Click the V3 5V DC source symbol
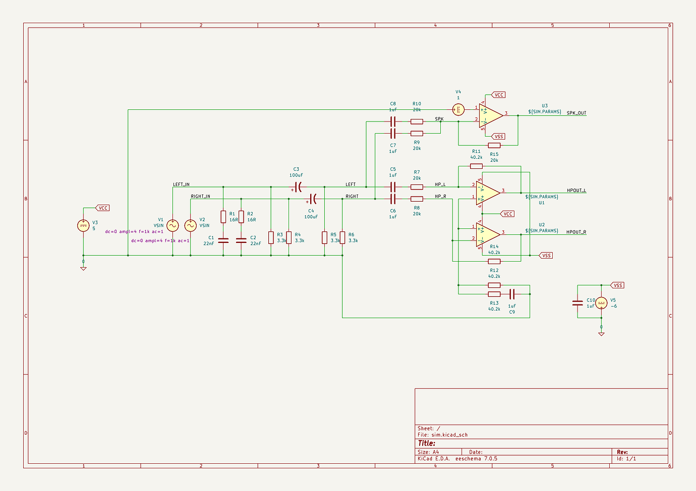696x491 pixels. [83, 225]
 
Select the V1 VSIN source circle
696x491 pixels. [172, 225]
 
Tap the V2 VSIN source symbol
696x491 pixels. [190, 225]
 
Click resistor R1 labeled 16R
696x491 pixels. [223, 217]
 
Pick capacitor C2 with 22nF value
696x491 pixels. [241, 240]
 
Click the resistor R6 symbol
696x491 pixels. [342, 237]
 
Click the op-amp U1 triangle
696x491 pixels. [487, 192]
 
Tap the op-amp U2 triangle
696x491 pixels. [487, 233]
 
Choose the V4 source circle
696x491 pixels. [458, 110]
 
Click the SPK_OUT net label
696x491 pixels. [576, 113]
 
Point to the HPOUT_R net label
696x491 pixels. [576, 232]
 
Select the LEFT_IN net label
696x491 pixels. [181, 185]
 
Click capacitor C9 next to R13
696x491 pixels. [512, 294]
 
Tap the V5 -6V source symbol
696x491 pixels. [601, 303]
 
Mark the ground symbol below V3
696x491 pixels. [83, 268]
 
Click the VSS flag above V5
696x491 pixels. [617, 285]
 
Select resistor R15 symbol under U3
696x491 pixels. [494, 145]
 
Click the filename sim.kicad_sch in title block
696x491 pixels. [449, 435]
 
